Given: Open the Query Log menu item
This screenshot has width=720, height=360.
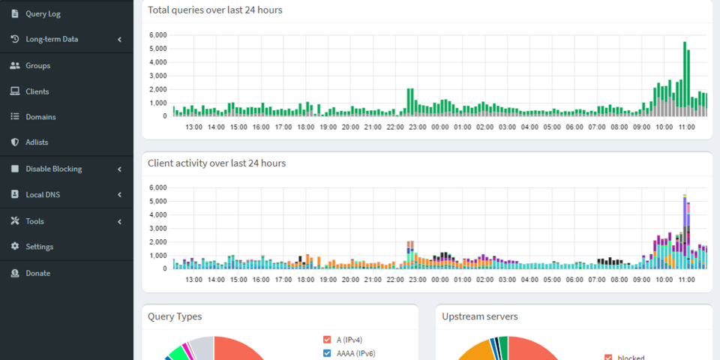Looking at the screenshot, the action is click(x=43, y=13).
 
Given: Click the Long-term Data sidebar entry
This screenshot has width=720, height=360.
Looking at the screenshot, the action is click(x=52, y=40).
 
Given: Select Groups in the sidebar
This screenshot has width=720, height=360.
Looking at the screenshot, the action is click(x=37, y=66).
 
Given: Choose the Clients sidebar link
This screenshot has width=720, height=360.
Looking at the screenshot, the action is click(x=37, y=91).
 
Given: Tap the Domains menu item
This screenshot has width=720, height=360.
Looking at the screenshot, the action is click(x=40, y=117).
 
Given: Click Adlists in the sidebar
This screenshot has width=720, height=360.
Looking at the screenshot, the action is click(x=37, y=142).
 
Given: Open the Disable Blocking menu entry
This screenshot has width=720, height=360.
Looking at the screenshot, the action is click(x=54, y=169).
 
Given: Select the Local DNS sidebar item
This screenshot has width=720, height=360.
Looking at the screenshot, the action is click(x=43, y=195).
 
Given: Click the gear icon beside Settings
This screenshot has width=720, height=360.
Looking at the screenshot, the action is click(x=15, y=247).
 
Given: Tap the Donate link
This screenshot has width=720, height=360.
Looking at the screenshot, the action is click(x=37, y=273).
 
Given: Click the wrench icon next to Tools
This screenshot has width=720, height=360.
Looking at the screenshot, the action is click(x=15, y=220).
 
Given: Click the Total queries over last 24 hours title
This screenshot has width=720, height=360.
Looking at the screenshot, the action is click(x=215, y=10).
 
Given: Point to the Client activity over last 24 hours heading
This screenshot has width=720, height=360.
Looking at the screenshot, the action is click(x=217, y=163).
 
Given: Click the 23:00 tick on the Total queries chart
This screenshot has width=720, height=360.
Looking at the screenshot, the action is click(x=418, y=127).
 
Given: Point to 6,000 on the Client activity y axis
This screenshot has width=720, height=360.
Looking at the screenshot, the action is click(x=158, y=187).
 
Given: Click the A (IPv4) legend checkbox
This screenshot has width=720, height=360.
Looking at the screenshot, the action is click(x=327, y=340).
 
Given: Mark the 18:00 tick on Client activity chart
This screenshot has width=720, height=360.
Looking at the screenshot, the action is click(x=306, y=280).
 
